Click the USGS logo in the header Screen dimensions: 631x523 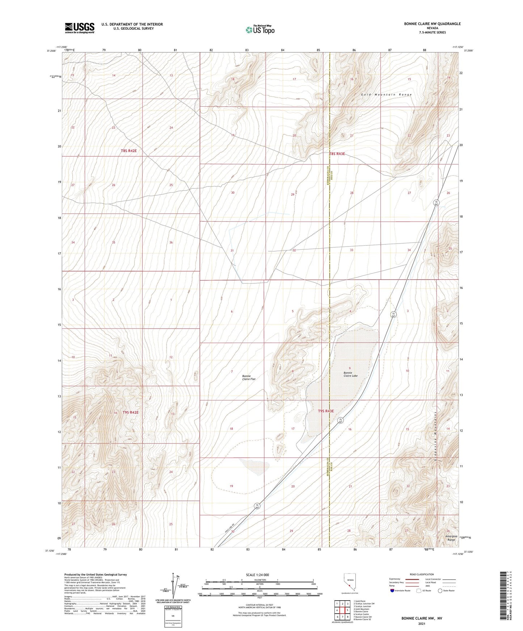point(80,28)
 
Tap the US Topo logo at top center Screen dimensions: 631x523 point(260,30)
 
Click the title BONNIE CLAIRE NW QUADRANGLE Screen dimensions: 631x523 point(432,24)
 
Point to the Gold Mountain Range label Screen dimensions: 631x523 point(386,95)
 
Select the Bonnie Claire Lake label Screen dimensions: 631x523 point(350,374)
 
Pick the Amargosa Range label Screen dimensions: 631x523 point(451,538)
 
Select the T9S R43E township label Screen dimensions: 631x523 point(326,411)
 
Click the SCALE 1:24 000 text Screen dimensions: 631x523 point(257,575)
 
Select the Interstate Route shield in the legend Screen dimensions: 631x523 point(392,591)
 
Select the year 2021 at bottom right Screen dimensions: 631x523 point(422,623)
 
